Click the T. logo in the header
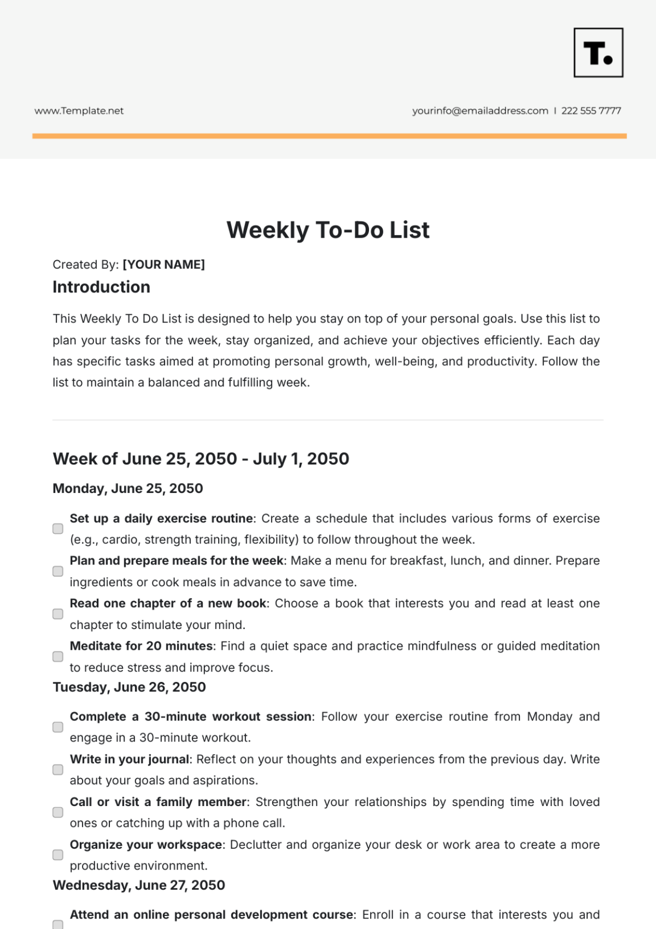coord(598,52)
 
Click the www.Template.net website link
coord(79,111)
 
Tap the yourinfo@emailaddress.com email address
coord(480,111)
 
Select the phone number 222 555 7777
coord(591,111)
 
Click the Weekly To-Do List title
coord(328,230)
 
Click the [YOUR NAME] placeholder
coord(163,264)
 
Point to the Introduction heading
coord(101,287)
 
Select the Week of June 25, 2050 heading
coord(201,458)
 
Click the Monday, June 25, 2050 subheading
coord(127,489)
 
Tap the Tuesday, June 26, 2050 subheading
coord(129,687)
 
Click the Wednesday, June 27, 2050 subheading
coord(139,885)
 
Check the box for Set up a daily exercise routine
coord(58,528)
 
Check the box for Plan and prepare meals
coord(58,571)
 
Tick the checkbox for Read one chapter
coord(58,614)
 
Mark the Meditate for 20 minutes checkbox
coord(58,656)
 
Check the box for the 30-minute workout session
coord(58,727)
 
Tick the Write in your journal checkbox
coord(58,769)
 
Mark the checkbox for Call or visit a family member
coord(58,812)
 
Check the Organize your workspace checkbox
coord(58,855)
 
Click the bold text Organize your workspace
coord(146,845)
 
